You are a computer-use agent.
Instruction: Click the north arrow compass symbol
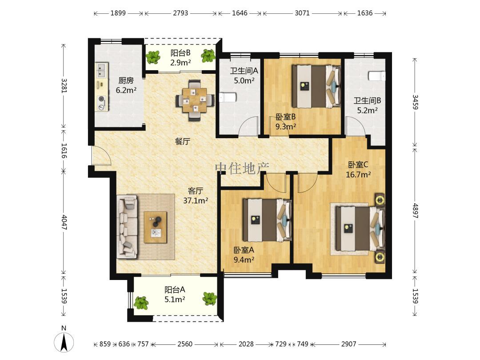pyautogui.click(x=64, y=342)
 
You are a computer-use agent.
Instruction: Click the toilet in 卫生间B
pyautogui.click(x=377, y=76)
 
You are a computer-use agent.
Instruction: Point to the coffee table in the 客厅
pyautogui.click(x=156, y=227)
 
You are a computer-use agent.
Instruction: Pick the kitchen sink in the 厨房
pyautogui.click(x=101, y=70)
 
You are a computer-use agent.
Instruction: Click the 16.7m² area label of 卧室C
pyautogui.click(x=358, y=175)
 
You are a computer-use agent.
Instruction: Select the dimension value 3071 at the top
pyautogui.click(x=302, y=13)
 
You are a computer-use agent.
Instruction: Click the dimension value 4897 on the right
pyautogui.click(x=415, y=211)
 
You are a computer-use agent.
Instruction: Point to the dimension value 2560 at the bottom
pyautogui.click(x=185, y=344)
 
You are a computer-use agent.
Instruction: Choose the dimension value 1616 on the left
pyautogui.click(x=64, y=150)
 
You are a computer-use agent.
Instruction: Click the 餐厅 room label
pyautogui.click(x=183, y=141)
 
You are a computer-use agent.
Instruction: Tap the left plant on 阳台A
pyautogui.click(x=141, y=302)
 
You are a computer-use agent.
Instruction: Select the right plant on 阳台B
pyautogui.click(x=208, y=56)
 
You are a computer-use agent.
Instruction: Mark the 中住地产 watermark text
pyautogui.click(x=242, y=168)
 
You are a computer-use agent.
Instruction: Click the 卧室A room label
pyautogui.click(x=244, y=250)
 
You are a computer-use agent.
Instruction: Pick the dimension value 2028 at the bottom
pyautogui.click(x=246, y=344)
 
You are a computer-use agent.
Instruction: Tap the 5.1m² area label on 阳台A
pyautogui.click(x=175, y=300)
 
